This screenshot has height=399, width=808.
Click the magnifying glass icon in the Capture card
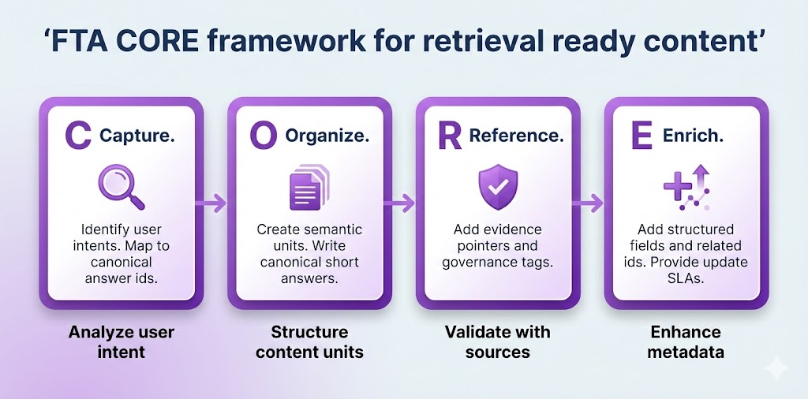pos(121,186)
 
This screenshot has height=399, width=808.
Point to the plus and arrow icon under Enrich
pos(686,187)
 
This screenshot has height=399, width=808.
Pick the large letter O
pos(263,135)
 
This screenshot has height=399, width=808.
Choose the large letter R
pos(449,135)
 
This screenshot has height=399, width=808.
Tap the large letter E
pos(642,135)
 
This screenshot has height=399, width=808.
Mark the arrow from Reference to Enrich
pos(588,203)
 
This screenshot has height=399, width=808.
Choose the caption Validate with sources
pos(498,341)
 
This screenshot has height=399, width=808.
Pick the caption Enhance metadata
pos(686,341)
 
